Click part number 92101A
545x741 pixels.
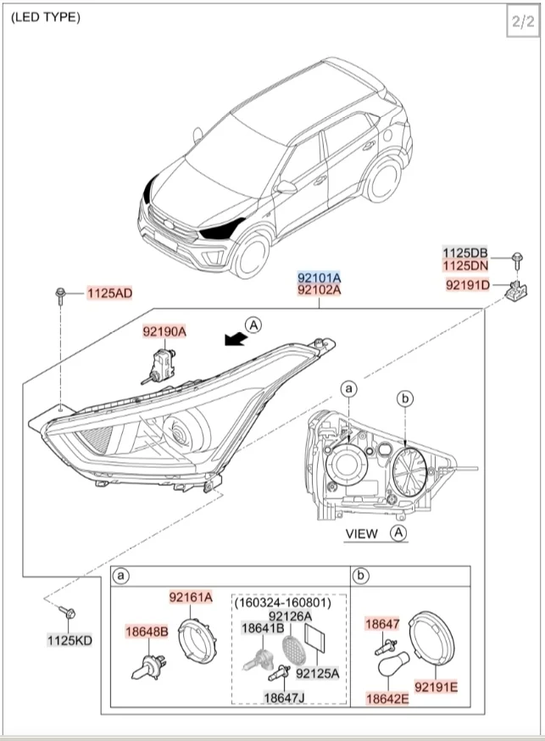pyautogui.click(x=319, y=277)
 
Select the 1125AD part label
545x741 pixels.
pyautogui.click(x=110, y=293)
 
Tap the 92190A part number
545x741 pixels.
pyautogui.click(x=164, y=332)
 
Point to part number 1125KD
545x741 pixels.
pyautogui.click(x=70, y=639)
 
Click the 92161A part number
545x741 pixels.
pyautogui.click(x=191, y=597)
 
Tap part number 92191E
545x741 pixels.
pyautogui.click(x=436, y=685)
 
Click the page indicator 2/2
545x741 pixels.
pyautogui.click(x=520, y=23)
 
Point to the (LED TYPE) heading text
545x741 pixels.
pyautogui.click(x=46, y=17)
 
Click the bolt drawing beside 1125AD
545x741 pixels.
pyautogui.click(x=61, y=295)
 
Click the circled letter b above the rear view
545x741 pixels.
pyautogui.click(x=405, y=398)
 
